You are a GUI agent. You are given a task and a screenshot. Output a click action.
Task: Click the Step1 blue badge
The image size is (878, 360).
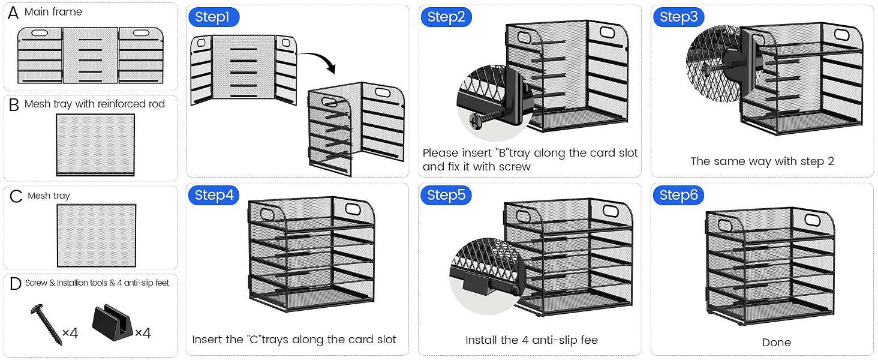(214, 17)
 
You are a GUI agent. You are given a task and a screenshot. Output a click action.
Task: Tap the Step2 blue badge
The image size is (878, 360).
(446, 17)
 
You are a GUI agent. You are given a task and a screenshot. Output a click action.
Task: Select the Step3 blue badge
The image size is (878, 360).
(678, 17)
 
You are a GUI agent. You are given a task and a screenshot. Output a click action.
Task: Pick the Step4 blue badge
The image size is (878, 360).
(214, 195)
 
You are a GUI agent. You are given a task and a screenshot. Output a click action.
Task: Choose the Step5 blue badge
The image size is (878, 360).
(446, 195)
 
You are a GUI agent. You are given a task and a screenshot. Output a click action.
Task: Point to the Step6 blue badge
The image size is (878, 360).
(678, 195)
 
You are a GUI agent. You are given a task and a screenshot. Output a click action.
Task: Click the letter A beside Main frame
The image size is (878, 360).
(13, 13)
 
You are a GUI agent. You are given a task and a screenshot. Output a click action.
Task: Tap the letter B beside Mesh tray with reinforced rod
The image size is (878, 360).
(14, 105)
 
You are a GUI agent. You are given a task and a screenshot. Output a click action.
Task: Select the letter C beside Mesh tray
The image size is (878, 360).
(16, 196)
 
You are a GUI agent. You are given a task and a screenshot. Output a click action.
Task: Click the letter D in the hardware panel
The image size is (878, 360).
(15, 283)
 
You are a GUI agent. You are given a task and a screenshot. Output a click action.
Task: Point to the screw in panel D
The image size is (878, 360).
(47, 325)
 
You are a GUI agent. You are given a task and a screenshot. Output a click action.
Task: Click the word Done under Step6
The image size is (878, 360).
(776, 343)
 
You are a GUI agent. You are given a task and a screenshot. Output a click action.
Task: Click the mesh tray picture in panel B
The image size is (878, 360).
(95, 145)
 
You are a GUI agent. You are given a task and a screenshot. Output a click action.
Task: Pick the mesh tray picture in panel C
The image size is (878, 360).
(97, 235)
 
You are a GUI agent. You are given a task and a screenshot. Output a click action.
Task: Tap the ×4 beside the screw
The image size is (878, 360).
(70, 333)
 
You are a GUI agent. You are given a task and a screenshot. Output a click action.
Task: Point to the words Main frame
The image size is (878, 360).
(53, 12)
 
